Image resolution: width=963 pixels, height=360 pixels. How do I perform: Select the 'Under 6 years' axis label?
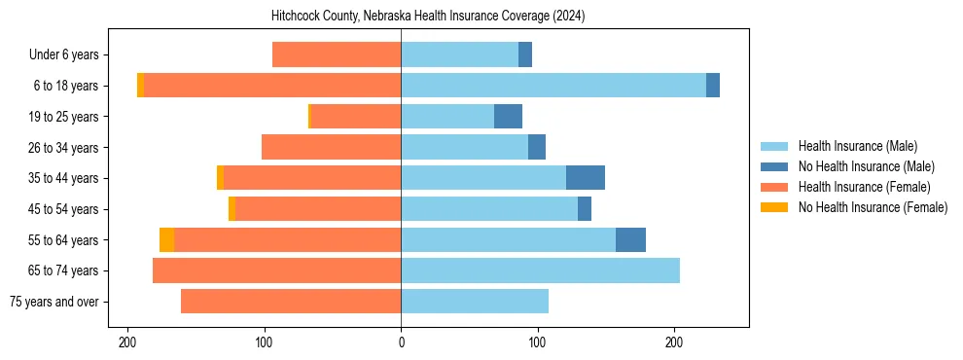click(x=64, y=54)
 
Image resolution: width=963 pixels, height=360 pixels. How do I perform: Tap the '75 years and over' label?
click(x=54, y=302)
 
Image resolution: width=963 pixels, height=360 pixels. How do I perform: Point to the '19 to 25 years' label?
click(x=64, y=117)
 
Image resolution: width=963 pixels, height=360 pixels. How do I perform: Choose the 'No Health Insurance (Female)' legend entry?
click(x=873, y=207)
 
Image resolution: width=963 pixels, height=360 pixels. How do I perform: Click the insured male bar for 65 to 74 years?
click(x=540, y=270)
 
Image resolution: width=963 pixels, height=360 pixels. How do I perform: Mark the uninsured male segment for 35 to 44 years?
click(x=586, y=178)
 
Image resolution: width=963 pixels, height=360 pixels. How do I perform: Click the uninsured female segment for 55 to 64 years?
click(x=167, y=239)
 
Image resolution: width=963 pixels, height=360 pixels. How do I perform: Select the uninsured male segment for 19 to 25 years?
click(x=508, y=117)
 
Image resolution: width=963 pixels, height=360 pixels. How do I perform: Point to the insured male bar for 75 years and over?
click(x=475, y=302)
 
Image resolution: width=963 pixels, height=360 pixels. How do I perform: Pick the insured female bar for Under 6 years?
click(x=337, y=54)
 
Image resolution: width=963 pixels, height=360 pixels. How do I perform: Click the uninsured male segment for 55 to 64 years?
click(x=630, y=239)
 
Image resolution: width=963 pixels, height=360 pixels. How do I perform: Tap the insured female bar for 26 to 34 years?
click(x=331, y=147)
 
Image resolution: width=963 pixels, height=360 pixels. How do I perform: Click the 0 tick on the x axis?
click(x=401, y=342)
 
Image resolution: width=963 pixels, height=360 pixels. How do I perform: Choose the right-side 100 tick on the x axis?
click(x=537, y=342)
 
